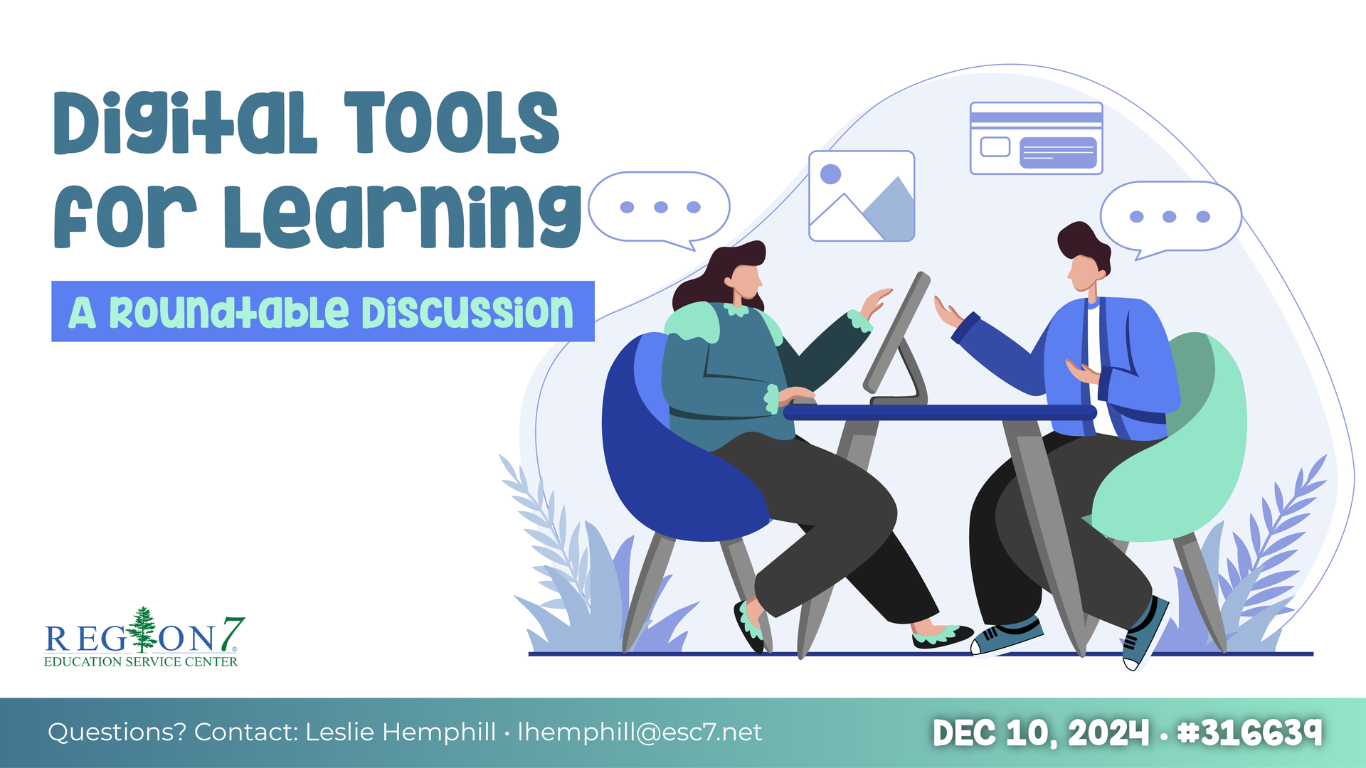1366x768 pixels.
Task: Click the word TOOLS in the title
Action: (x=452, y=122)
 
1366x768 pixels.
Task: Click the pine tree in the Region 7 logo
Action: (x=143, y=629)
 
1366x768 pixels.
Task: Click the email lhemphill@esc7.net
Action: (x=640, y=732)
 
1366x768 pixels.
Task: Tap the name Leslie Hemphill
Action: (x=401, y=732)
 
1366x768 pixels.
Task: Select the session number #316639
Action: (x=1249, y=732)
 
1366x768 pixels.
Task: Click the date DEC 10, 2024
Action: (x=1041, y=732)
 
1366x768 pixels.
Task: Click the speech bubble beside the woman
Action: (x=660, y=208)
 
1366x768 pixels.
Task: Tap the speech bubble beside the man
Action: (x=1170, y=218)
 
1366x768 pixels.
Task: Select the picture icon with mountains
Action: (x=862, y=196)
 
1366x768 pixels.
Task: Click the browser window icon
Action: (x=1036, y=138)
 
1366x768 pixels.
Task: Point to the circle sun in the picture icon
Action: (x=830, y=174)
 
